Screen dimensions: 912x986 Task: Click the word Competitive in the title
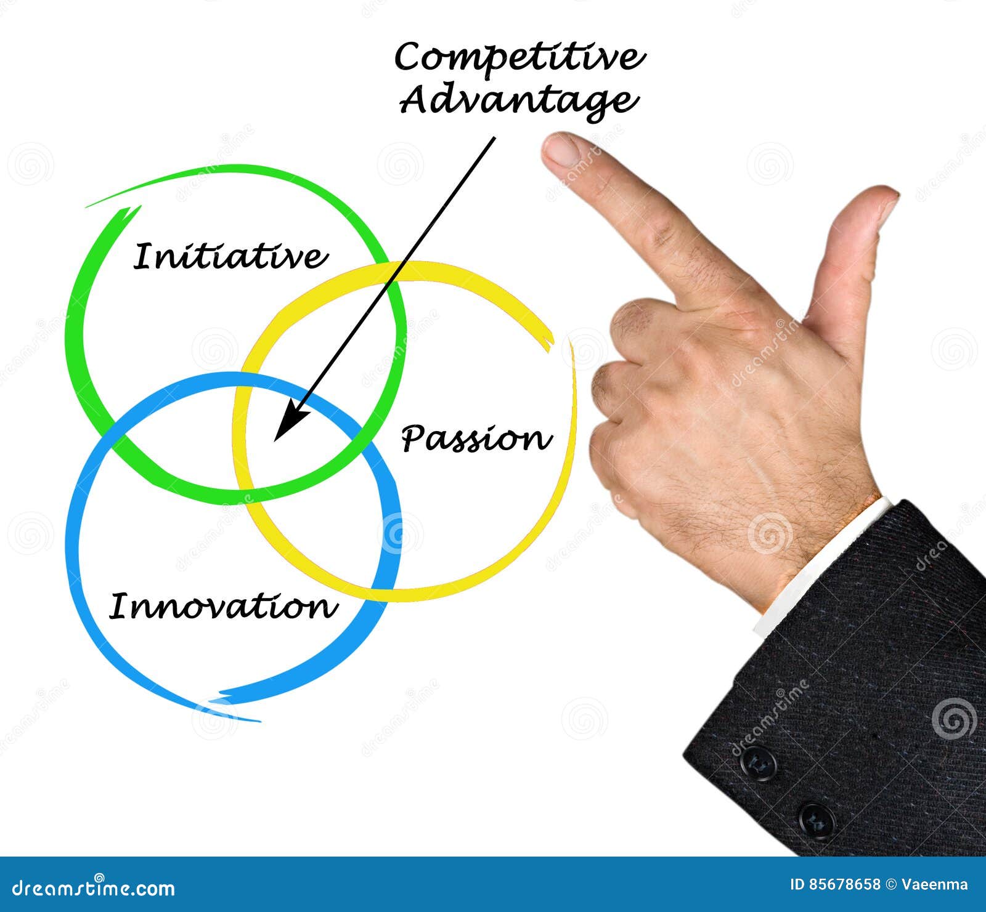pyautogui.click(x=519, y=58)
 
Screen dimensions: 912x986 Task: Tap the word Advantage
pyautogui.click(x=518, y=100)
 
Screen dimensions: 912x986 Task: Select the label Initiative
pyautogui.click(x=230, y=257)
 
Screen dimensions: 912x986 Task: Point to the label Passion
pyautogui.click(x=476, y=439)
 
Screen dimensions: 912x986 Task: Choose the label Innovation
pyautogui.click(x=224, y=607)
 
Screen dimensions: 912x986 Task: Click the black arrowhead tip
pyautogui.click(x=275, y=440)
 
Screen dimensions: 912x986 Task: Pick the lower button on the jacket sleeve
pyautogui.click(x=817, y=820)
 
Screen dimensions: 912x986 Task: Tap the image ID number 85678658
pyautogui.click(x=844, y=885)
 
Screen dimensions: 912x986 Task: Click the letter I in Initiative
pyautogui.click(x=142, y=256)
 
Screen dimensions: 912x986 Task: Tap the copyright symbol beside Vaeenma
pyautogui.click(x=891, y=885)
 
